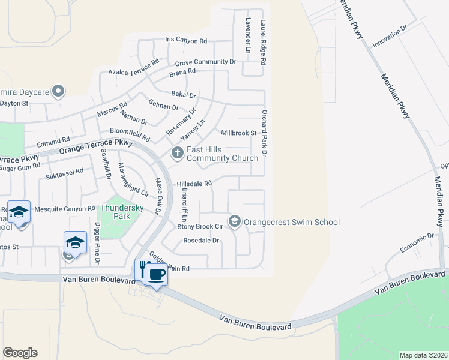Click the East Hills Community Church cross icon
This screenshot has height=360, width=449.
click(177, 153)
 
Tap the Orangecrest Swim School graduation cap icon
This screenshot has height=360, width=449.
click(235, 222)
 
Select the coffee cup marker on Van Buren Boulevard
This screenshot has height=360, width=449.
click(157, 274)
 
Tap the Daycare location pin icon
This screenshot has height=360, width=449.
click(58, 91)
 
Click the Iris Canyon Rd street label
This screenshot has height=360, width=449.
click(186, 41)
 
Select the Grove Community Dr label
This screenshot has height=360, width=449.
click(205, 62)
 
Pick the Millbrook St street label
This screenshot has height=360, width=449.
click(239, 133)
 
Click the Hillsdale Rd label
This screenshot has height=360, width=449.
click(194, 184)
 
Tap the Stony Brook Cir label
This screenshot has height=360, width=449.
click(200, 226)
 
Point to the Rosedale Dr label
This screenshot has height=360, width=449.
click(201, 240)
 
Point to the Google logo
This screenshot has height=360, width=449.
click(20, 353)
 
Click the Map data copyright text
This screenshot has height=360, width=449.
click(423, 355)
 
